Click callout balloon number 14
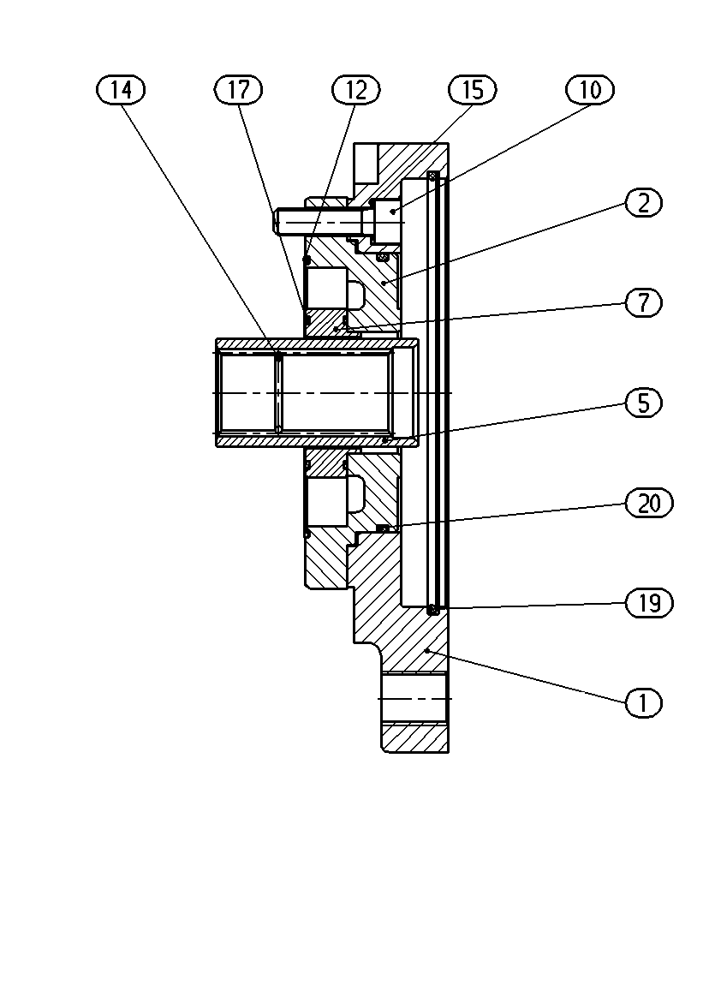tap(121, 90)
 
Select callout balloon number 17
tap(238, 90)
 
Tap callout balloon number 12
tap(356, 90)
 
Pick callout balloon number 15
tap(473, 90)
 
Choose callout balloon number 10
tap(590, 90)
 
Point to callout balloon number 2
tap(643, 203)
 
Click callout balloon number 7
tap(643, 302)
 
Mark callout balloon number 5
tap(643, 403)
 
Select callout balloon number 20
tap(649, 504)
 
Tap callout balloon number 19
tap(649, 603)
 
